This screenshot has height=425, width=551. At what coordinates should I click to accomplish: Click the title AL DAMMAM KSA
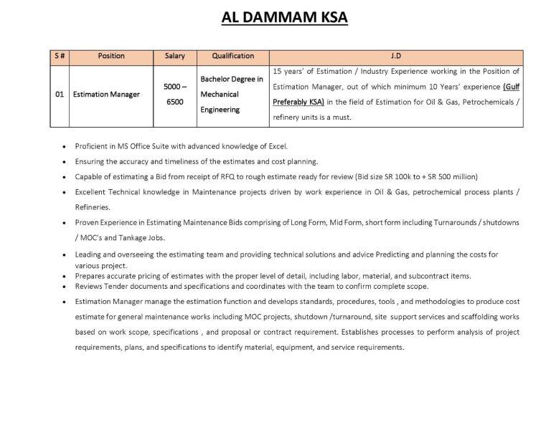[284, 17]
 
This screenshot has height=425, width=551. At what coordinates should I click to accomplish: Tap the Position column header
[110, 56]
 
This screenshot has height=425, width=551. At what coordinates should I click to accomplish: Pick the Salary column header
[174, 56]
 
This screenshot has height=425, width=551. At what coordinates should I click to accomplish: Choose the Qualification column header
[232, 56]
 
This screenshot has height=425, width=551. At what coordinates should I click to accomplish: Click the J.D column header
[396, 56]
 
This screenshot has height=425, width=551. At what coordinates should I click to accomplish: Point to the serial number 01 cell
[59, 95]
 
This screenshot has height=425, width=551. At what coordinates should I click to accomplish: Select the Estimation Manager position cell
[106, 95]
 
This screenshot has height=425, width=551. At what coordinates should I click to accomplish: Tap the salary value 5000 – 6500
[174, 95]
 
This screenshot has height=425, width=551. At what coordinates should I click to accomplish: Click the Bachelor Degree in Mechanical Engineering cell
[232, 95]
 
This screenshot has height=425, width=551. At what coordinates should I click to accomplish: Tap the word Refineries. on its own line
[93, 207]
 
